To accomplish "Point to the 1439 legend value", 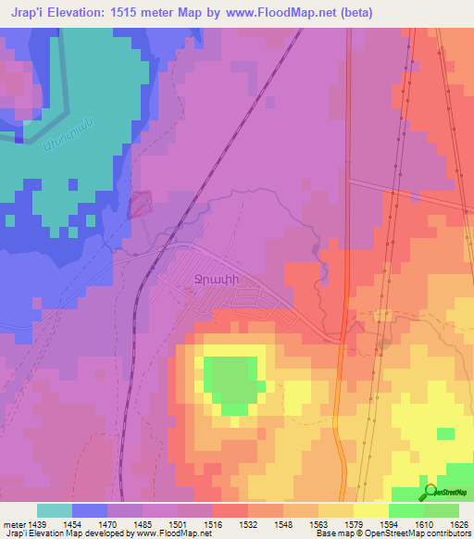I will pyautogui.click(x=35, y=523).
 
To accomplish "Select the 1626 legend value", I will pyautogui.click(x=456, y=523).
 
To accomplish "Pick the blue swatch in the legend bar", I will pyautogui.click(x=90, y=510).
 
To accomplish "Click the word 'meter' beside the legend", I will pyautogui.click(x=12, y=523).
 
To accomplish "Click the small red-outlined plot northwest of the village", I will pyautogui.click(x=139, y=204).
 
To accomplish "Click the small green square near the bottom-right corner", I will pyautogui.click(x=446, y=433).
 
